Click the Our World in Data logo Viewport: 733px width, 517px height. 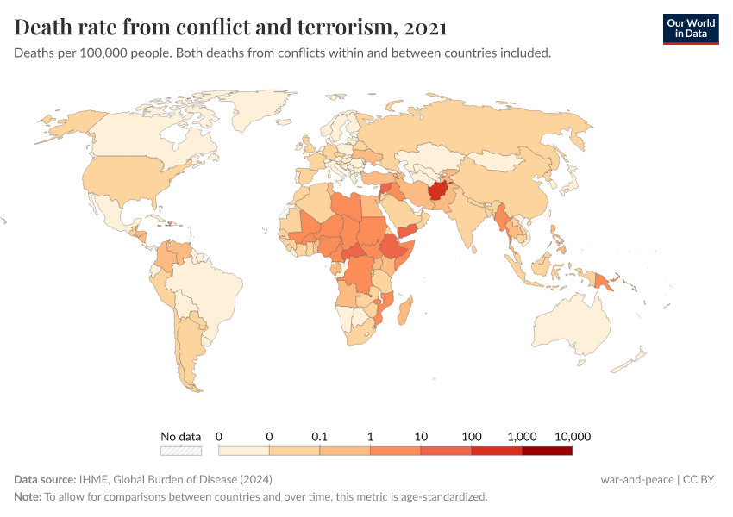point(690,28)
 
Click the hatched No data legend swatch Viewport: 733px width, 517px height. point(181,451)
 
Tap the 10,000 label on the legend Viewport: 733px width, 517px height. point(573,436)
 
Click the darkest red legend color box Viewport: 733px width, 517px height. point(547,451)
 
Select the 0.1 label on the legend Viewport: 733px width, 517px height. point(320,436)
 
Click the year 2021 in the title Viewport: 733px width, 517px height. point(424,28)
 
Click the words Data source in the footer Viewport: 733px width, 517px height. point(44,479)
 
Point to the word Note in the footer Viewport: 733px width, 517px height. point(27,496)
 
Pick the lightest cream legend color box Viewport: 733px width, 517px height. point(244,451)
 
